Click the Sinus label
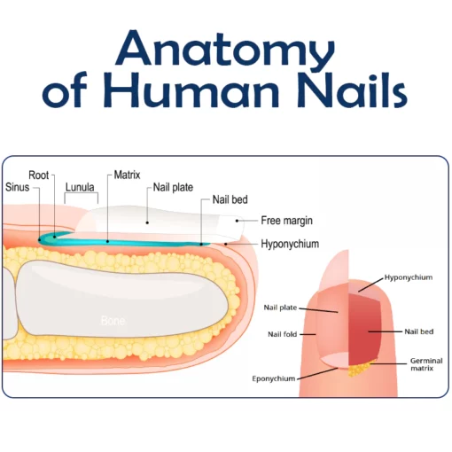tap(17, 188)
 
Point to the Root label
tap(39, 175)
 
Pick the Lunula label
tap(80, 188)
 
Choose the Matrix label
tap(128, 175)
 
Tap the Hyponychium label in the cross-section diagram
tap(290, 244)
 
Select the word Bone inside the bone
tap(113, 319)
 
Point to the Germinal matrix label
tap(421, 365)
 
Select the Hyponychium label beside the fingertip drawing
tap(409, 277)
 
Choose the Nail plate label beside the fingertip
tap(279, 308)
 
